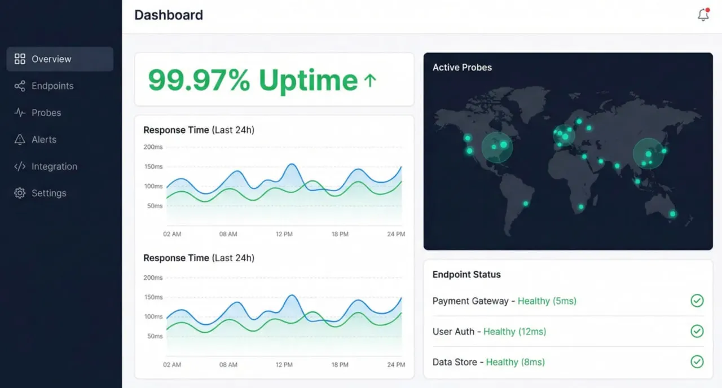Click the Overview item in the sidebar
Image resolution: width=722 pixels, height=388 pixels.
coord(51,59)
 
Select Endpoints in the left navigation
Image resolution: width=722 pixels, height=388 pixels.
coord(52,86)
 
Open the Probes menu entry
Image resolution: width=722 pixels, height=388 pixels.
coord(46,113)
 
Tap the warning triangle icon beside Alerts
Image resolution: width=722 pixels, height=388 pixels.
coord(20,139)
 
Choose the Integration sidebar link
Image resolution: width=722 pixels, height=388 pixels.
coord(54,166)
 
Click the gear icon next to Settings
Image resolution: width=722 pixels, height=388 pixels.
coord(20,193)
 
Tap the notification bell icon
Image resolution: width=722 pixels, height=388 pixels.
coord(703,15)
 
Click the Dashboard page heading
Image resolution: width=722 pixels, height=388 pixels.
coord(169,15)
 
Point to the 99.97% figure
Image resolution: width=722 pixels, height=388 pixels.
coord(199,80)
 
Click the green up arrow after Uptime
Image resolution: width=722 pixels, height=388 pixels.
coord(370,81)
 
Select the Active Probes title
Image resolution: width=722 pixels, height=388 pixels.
coord(462,67)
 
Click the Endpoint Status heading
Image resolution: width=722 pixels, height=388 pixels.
coord(466,275)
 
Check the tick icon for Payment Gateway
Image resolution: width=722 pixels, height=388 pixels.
coord(697,301)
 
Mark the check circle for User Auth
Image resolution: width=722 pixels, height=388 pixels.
coord(697,331)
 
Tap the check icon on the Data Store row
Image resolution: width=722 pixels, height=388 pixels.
coord(697,361)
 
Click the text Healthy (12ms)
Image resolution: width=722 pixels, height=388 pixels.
coord(514,332)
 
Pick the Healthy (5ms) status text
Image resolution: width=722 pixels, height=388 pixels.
coord(547,301)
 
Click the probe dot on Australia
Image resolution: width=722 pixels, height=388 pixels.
coord(672,214)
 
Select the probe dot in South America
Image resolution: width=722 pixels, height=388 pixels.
coord(526,204)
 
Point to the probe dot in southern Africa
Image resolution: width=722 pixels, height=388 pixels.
coord(581,208)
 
